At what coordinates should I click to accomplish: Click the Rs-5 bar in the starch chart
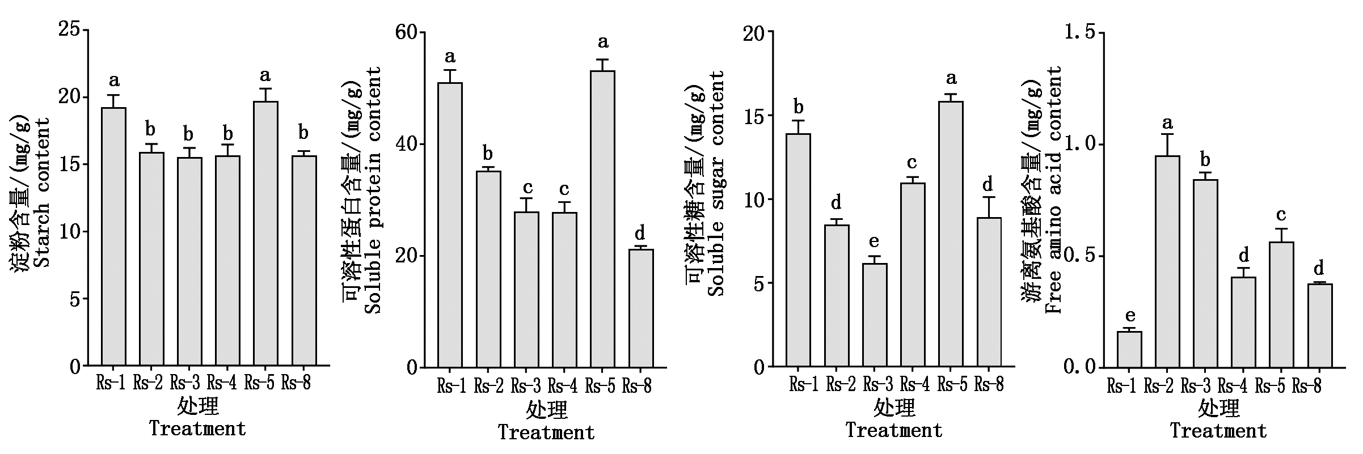coord(265,232)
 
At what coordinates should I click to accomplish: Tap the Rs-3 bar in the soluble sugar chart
coord(875,315)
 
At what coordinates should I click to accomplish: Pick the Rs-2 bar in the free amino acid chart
coord(1167,261)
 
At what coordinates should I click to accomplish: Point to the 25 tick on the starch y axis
coord(69,29)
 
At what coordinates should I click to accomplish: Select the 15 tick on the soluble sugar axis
coord(754,116)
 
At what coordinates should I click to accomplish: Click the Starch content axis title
coord(43,193)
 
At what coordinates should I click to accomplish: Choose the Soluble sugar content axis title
coord(716,184)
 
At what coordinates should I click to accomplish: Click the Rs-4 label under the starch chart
coord(222,383)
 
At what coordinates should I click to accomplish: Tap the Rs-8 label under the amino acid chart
coord(1307,387)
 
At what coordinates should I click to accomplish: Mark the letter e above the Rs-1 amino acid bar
coord(1129,316)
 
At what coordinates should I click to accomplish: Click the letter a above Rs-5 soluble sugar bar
coord(951,78)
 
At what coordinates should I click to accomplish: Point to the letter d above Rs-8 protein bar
coord(640,233)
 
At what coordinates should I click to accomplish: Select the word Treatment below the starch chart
coord(197,428)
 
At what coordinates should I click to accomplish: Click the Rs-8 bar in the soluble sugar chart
coord(989,292)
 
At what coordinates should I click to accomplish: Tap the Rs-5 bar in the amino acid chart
coord(1281,304)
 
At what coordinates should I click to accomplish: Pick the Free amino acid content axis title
coord(1054,190)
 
